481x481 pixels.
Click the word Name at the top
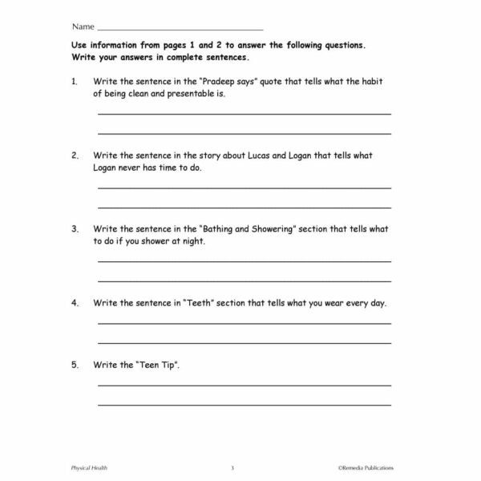[x=83, y=26]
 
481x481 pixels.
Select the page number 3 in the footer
[x=232, y=467]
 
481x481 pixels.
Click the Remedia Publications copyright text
[x=365, y=467]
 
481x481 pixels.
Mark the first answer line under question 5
[x=245, y=386]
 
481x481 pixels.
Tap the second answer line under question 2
[x=245, y=206]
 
